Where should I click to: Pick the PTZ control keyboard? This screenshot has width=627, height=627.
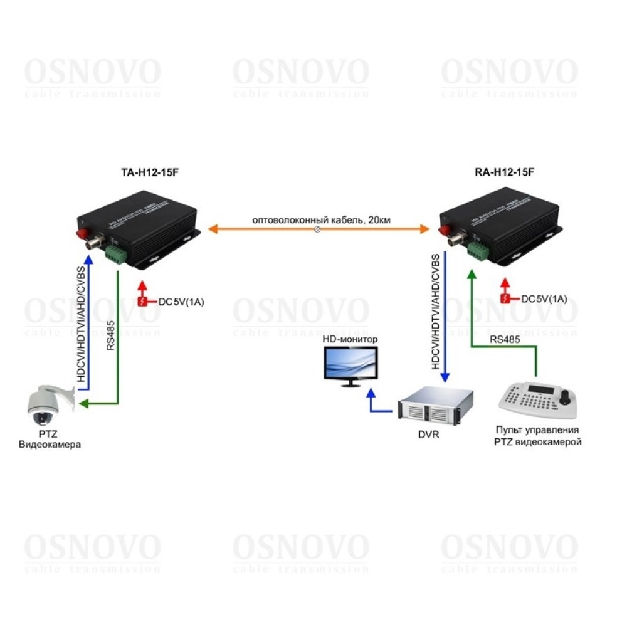[537, 401]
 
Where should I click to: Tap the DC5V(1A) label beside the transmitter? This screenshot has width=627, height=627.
[181, 302]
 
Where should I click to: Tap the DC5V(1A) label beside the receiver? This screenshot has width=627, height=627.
[544, 299]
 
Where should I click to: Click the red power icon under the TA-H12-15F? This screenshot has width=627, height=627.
[143, 302]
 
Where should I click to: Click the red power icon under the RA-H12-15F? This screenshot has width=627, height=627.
[506, 299]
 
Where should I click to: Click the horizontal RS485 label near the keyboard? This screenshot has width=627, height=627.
[503, 340]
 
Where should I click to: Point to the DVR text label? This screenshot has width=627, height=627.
[429, 434]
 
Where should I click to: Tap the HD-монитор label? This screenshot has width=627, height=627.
[350, 339]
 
